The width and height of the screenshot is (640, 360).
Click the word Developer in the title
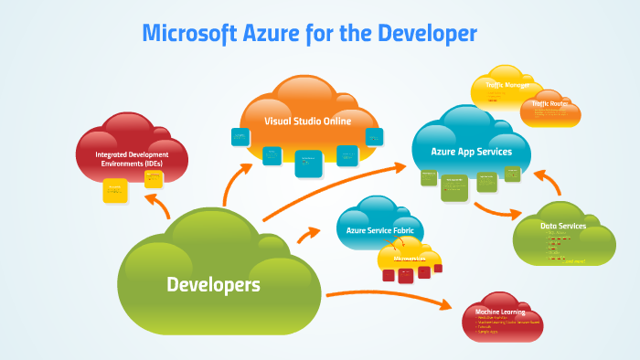[x=428, y=35]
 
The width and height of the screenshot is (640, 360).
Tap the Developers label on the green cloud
[x=213, y=284]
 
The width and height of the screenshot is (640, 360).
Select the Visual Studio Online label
[x=308, y=120]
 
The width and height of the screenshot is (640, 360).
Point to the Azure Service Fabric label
[x=381, y=230]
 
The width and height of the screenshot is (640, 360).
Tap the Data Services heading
[x=562, y=225]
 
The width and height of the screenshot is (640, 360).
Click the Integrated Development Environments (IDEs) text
[x=132, y=159]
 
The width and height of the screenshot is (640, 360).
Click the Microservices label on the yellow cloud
[x=411, y=259]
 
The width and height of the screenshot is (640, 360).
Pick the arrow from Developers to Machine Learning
[x=393, y=297]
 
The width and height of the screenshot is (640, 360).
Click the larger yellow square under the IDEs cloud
[x=115, y=189]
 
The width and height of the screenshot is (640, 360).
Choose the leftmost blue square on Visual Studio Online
[x=240, y=137]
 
